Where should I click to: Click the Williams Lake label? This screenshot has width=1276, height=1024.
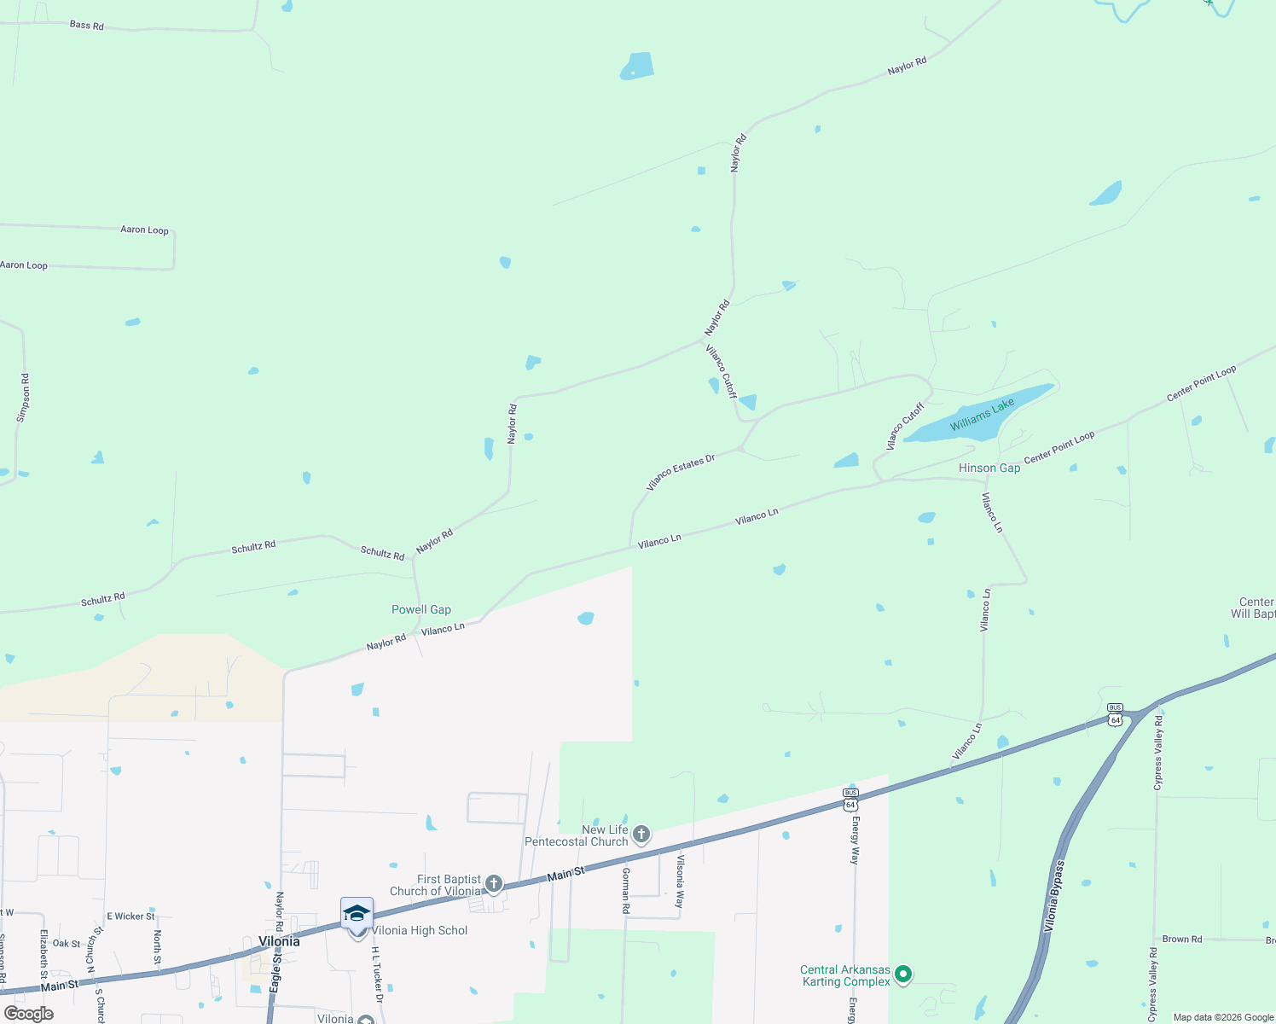(x=982, y=414)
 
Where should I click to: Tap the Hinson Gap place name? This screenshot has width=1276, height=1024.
(x=989, y=468)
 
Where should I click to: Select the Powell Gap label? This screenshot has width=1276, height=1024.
(x=420, y=609)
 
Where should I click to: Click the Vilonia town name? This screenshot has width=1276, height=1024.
(x=279, y=941)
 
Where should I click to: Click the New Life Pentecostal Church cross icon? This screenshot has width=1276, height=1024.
(x=641, y=834)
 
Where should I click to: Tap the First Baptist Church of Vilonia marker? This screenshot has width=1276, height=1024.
(x=493, y=883)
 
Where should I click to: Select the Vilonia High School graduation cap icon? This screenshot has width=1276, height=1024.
(x=357, y=913)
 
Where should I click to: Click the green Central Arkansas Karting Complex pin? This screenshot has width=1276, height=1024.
(x=904, y=973)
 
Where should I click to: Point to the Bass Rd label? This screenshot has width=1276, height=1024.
(x=86, y=26)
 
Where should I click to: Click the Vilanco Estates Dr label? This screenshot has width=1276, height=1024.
(x=680, y=472)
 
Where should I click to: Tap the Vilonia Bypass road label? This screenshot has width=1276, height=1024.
(x=1055, y=896)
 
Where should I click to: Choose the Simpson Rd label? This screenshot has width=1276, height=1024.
(x=24, y=398)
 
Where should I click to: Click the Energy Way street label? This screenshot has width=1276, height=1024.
(x=855, y=841)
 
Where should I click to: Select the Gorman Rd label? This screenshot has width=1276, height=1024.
(x=625, y=890)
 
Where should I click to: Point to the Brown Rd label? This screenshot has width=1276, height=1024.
(x=1181, y=939)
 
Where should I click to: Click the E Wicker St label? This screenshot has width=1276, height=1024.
(x=130, y=916)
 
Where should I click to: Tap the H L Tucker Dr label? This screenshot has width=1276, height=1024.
(x=376, y=973)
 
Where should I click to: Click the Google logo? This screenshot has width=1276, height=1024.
(x=29, y=1014)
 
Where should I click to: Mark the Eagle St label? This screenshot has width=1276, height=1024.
(x=275, y=971)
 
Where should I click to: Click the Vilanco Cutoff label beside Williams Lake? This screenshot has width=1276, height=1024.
(x=904, y=427)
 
